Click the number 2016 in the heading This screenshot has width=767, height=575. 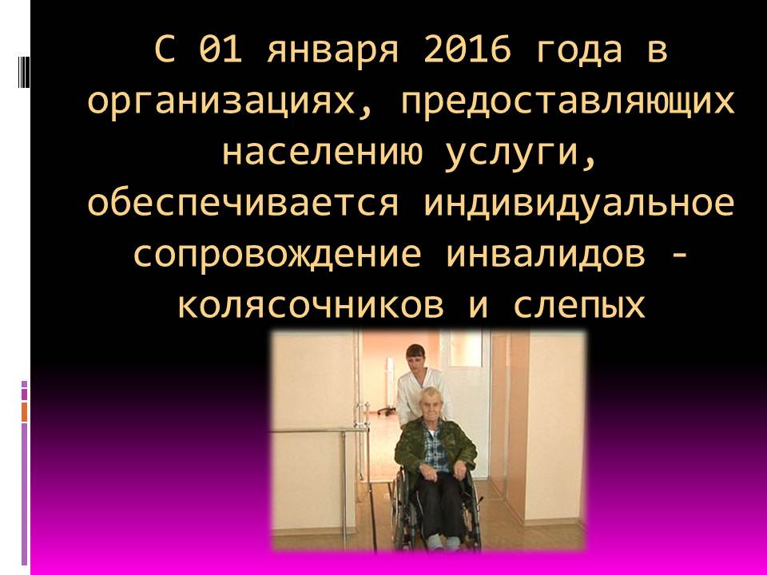467,50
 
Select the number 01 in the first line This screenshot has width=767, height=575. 221,50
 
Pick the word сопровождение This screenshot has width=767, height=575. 277,256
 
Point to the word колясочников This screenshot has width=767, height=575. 311,306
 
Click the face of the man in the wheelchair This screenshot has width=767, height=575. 432,403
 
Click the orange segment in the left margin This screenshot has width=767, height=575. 25,411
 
